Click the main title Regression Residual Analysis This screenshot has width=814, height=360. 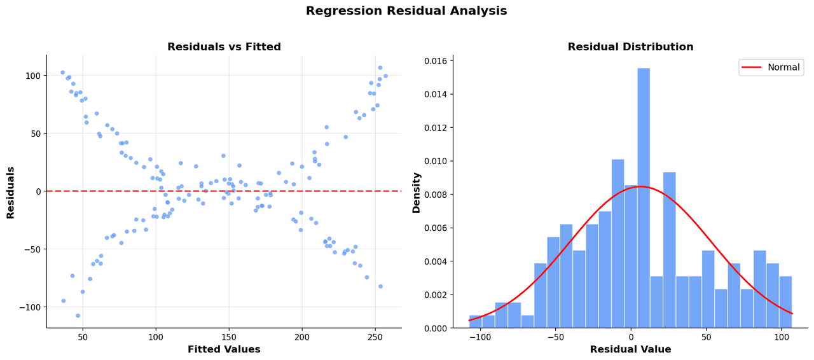pyautogui.click(x=406, y=11)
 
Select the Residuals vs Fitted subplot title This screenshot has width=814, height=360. pyautogui.click(x=224, y=48)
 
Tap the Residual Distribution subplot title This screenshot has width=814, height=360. pyautogui.click(x=630, y=48)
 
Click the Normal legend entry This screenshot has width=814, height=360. pyautogui.click(x=783, y=67)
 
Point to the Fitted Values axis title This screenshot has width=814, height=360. pyautogui.click(x=224, y=350)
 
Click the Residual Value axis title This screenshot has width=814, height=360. pyautogui.click(x=630, y=350)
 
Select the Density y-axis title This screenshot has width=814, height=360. pyautogui.click(x=417, y=192)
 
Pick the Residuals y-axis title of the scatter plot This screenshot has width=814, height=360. pyautogui.click(x=11, y=192)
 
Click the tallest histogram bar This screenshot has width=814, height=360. pyautogui.click(x=644, y=198)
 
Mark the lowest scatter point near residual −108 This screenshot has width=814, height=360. pyautogui.click(x=78, y=315)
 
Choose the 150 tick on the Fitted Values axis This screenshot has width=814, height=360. pyautogui.click(x=228, y=338)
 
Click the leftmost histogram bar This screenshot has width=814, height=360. pyautogui.click(x=476, y=322)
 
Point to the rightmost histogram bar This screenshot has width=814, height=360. pyautogui.click(x=785, y=302)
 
